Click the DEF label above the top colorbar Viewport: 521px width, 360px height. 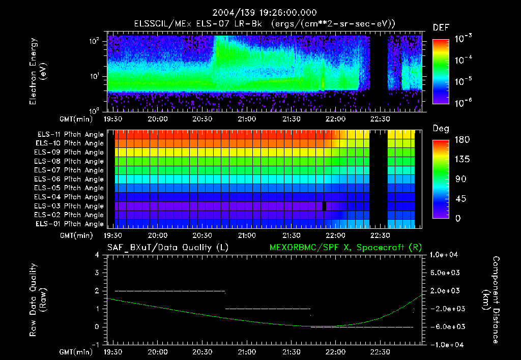point(441,27)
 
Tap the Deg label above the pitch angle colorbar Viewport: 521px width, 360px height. point(440,129)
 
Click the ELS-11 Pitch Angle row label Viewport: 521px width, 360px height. point(69,135)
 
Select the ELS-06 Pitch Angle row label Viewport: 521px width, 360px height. point(69,179)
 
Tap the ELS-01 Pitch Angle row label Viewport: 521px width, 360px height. point(69,224)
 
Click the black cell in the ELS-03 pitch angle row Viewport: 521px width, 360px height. point(324,206)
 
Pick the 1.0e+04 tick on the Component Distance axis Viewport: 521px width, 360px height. point(445,255)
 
